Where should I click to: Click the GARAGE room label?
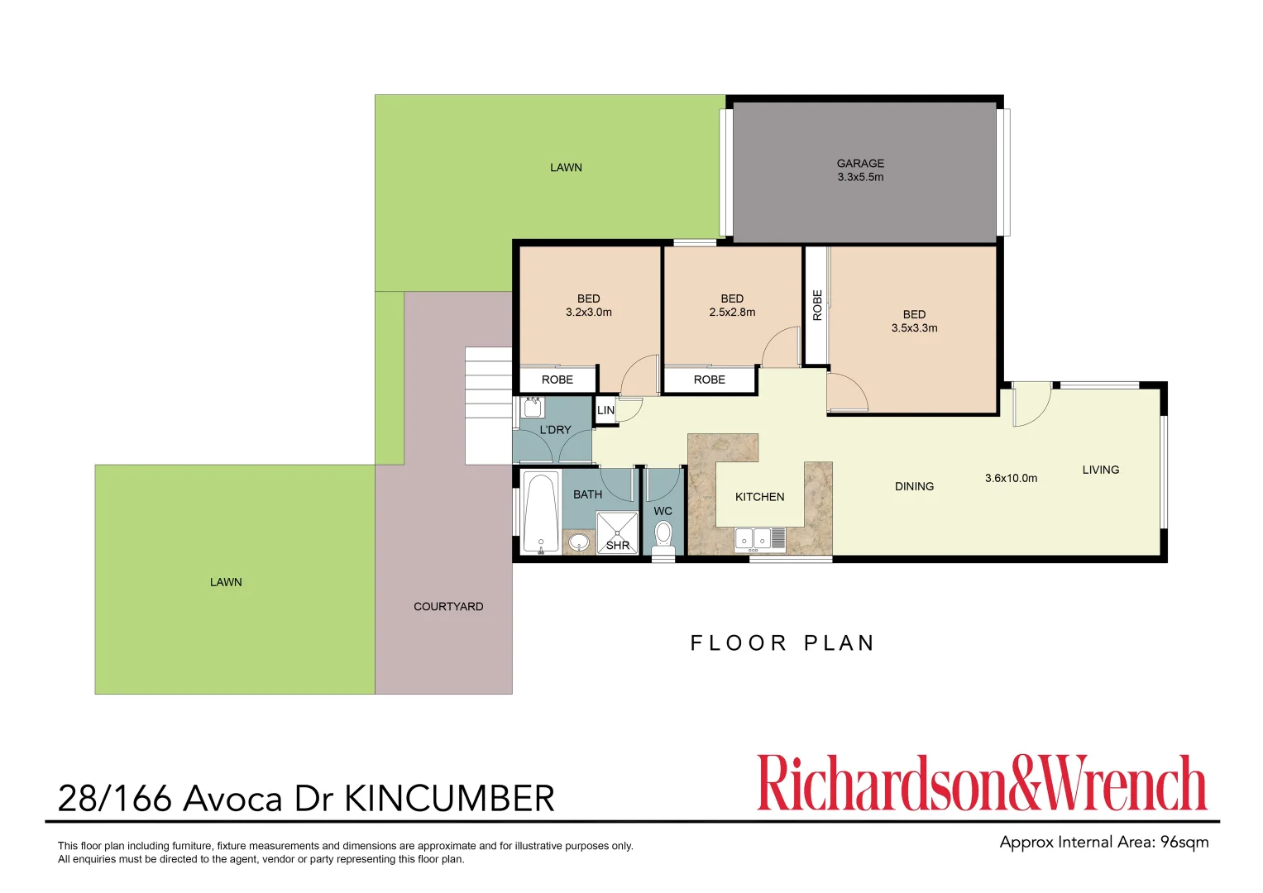(x=860, y=164)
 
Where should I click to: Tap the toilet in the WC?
(x=663, y=536)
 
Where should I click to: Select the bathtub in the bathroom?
(x=540, y=512)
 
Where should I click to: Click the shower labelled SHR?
(x=618, y=532)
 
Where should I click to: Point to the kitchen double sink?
(x=753, y=539)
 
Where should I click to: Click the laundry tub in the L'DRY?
(x=533, y=408)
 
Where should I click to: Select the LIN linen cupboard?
(x=605, y=410)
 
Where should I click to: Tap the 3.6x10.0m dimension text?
(x=1011, y=478)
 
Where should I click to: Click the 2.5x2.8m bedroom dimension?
(x=732, y=313)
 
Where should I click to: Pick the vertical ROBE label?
(x=817, y=305)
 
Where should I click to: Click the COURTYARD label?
(x=448, y=606)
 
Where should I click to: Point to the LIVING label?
(x=1100, y=470)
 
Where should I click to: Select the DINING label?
(x=914, y=486)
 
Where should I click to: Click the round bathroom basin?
(x=579, y=542)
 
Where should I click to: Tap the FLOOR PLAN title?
(x=782, y=643)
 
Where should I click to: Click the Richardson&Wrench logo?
(x=982, y=783)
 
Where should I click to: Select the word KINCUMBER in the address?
(x=449, y=799)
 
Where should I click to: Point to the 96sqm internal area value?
(x=1184, y=843)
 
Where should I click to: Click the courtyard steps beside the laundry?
(x=488, y=405)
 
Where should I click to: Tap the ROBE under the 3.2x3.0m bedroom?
(x=557, y=380)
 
